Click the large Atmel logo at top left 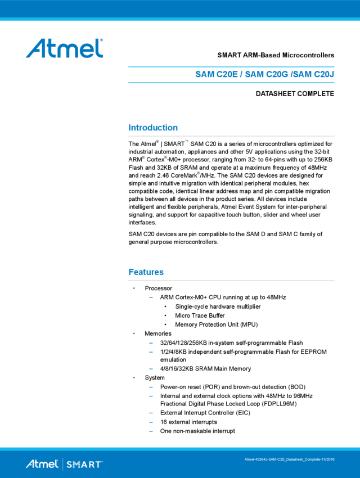[64, 48]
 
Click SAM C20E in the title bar [216, 74]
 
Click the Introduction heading [153, 128]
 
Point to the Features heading [146, 272]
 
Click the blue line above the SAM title [231, 66]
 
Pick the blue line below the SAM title [231, 82]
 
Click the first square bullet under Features [134, 288]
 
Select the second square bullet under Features [134, 333]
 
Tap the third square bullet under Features [134, 377]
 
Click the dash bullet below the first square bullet [151, 297]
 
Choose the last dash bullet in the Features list [151, 431]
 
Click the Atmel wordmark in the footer [42, 465]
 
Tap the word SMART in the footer [84, 465]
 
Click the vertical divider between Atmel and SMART [62, 465]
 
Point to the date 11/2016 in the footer [327, 459]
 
